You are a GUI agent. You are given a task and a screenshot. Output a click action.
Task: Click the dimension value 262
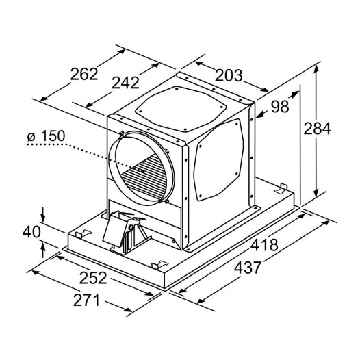[84, 74]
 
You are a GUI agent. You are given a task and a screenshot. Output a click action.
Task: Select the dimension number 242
[125, 83]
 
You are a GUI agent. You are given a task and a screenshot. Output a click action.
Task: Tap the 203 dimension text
[229, 75]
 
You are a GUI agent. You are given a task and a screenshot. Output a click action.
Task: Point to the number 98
[280, 107]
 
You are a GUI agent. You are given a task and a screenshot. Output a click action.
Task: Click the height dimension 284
[318, 129]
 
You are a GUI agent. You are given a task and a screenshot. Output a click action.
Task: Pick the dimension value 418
[264, 245]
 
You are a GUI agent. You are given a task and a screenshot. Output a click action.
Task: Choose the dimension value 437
[248, 268]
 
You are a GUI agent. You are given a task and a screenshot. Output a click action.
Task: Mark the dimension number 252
[93, 278]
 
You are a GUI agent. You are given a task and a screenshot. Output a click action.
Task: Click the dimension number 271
[86, 300]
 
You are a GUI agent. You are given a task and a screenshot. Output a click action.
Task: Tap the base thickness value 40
[31, 231]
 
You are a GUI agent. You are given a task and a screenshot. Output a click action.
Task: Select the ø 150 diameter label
[46, 136]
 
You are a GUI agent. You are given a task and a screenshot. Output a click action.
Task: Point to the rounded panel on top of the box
[181, 109]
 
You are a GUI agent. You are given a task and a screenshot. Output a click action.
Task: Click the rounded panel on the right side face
[218, 159]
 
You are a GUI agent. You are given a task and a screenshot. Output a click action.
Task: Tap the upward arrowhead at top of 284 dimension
[316, 69]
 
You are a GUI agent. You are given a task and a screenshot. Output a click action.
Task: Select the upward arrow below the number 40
[43, 250]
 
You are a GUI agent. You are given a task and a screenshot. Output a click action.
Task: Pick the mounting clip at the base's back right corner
[281, 188]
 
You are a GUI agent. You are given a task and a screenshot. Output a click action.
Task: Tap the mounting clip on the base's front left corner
[83, 233]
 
